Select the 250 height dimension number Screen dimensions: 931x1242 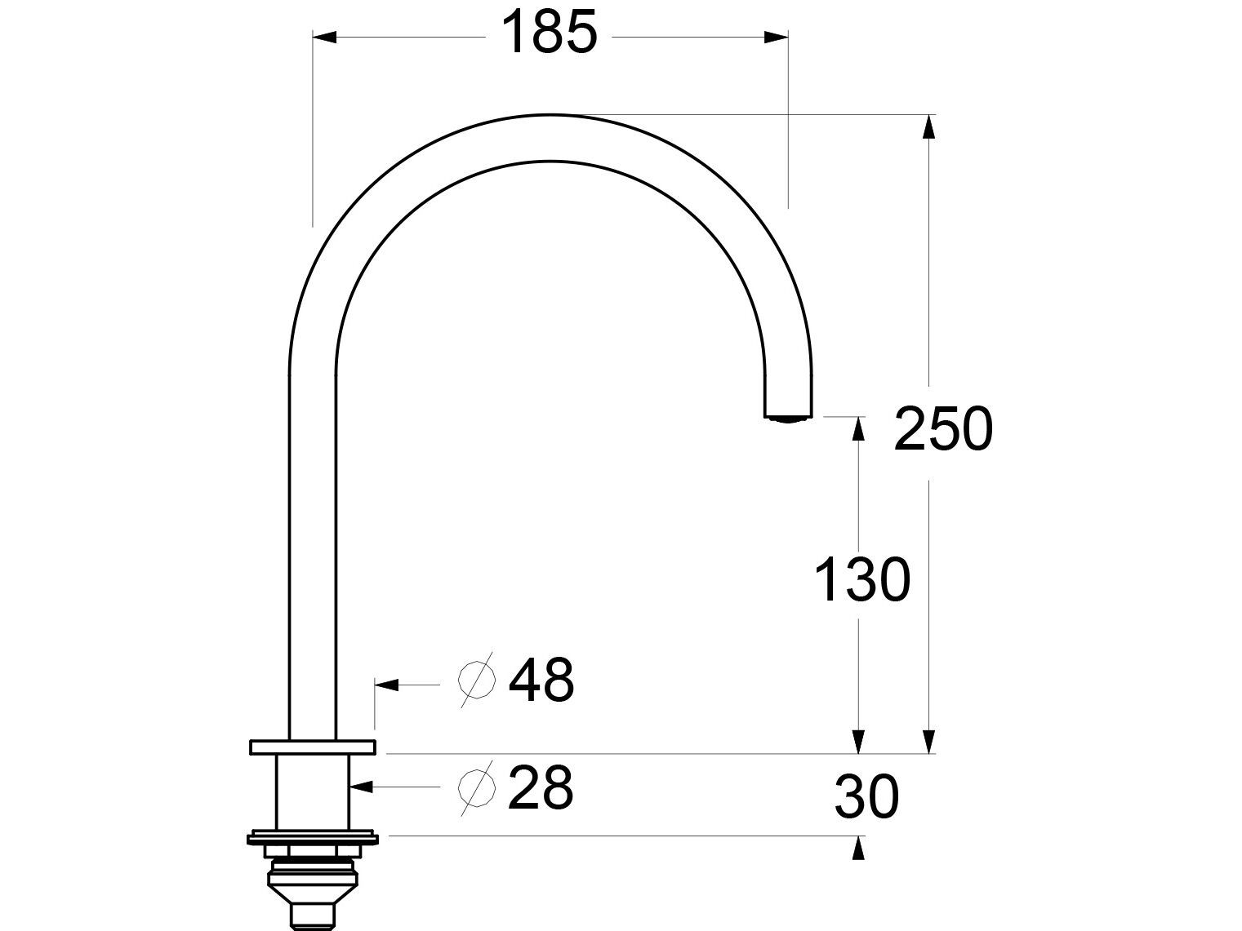coord(943,429)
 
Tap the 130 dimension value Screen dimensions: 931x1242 coord(861,580)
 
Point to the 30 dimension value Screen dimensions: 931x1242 coord(866,797)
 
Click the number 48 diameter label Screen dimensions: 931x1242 coord(541,680)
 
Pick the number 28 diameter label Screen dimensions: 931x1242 coord(540,788)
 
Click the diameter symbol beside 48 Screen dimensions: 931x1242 coord(478,680)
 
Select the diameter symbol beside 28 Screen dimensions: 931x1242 coord(478,788)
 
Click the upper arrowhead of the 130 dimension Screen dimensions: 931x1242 coord(858,428)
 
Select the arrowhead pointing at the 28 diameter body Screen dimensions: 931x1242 coord(362,787)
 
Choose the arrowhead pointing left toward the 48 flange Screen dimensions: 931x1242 coord(386,685)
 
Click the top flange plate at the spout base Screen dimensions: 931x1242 coord(313,747)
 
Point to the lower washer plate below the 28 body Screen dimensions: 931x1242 coord(314,837)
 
